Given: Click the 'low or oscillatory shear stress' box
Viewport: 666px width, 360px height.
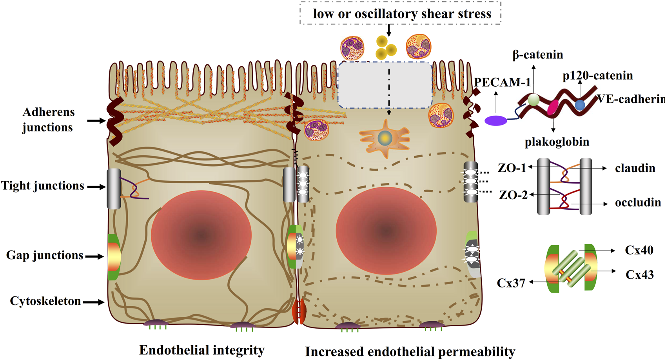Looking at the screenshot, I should (x=401, y=14).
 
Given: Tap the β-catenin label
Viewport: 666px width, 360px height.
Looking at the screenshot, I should (x=537, y=55).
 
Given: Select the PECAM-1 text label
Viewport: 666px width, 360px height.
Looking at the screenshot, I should (x=502, y=82).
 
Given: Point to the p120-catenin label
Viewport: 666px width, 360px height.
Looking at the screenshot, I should (x=597, y=75).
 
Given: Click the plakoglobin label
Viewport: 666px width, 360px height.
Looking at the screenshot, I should (x=557, y=142).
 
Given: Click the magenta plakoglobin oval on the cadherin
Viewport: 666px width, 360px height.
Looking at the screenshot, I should (x=553, y=107).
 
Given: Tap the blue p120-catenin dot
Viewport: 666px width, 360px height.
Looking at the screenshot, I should (x=580, y=105).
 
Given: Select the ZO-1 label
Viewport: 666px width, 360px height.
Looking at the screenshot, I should (x=512, y=168).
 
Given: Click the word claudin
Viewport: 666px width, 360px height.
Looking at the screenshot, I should (x=635, y=168).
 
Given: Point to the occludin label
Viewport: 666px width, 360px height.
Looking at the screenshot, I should (x=638, y=202).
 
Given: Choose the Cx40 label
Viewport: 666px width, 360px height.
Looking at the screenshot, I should (x=639, y=250).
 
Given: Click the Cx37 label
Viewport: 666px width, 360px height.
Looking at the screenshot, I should (x=511, y=283).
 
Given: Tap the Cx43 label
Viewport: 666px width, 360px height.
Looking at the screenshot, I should (x=639, y=275).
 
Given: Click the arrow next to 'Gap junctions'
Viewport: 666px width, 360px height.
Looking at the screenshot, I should (x=94, y=256).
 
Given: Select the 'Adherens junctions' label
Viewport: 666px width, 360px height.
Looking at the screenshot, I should (x=48, y=120).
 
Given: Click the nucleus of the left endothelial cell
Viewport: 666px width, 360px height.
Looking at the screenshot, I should (x=201, y=235).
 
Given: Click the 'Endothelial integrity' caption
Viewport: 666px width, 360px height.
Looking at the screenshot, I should (x=202, y=350).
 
